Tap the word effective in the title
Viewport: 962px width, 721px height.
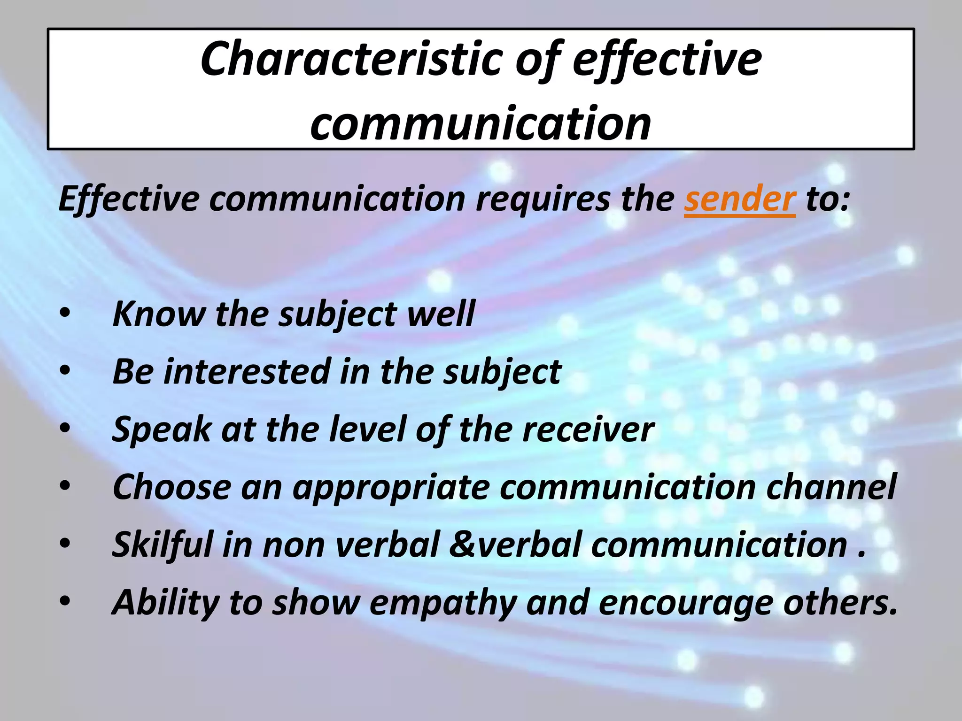click(x=667, y=59)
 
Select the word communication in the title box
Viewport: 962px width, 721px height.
click(x=481, y=123)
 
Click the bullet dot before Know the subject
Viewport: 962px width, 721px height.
click(x=65, y=313)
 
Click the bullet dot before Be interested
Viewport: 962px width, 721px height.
click(x=65, y=371)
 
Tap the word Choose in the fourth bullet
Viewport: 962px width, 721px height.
click(x=171, y=487)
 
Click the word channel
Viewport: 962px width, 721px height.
click(x=831, y=487)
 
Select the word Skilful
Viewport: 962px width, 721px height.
click(x=163, y=545)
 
